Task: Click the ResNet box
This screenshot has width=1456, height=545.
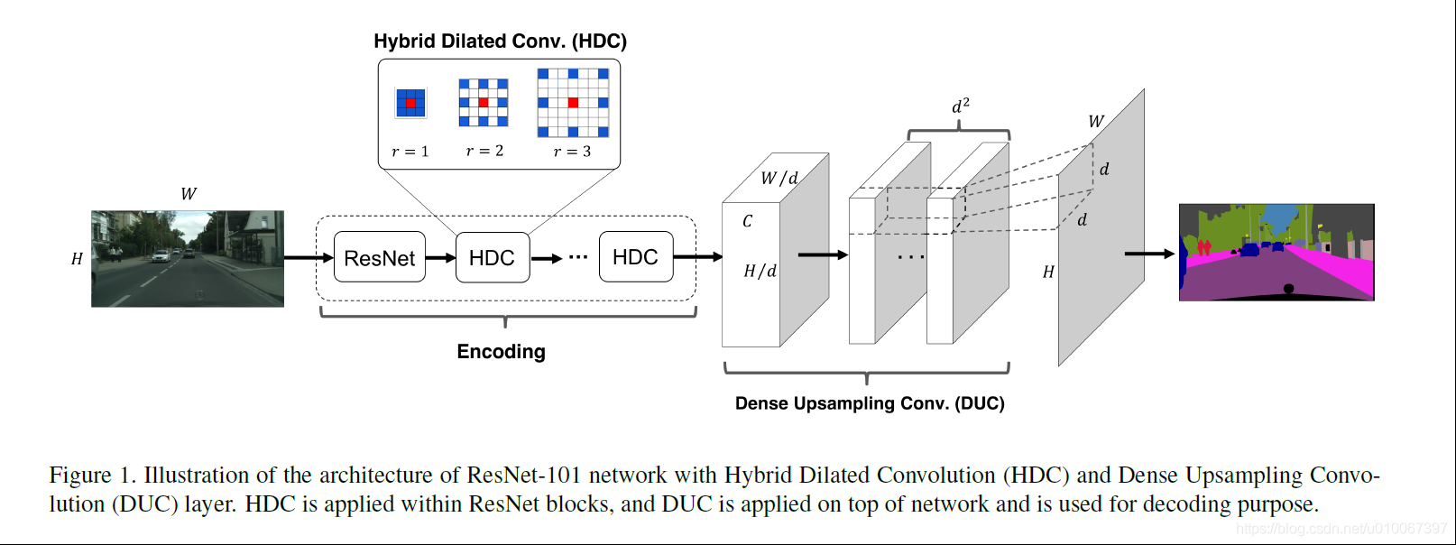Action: (379, 257)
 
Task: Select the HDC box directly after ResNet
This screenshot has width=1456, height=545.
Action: (492, 257)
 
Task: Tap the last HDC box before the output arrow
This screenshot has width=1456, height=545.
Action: (635, 257)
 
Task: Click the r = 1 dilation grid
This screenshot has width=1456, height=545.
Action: (410, 103)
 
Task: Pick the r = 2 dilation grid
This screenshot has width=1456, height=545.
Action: (484, 102)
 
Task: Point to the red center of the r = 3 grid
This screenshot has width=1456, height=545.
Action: (573, 103)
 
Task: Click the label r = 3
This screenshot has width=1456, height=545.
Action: (572, 152)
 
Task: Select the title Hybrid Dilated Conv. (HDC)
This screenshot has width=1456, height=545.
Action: (500, 42)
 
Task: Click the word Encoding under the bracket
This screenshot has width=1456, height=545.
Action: (501, 352)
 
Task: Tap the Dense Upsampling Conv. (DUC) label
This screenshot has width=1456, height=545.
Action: (870, 403)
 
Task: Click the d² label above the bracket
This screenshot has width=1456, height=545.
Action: (961, 106)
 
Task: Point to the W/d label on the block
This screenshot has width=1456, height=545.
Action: (779, 178)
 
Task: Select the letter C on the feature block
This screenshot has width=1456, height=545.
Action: (747, 221)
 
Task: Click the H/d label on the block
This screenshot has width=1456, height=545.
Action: (760, 271)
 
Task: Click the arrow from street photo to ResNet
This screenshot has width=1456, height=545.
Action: (308, 258)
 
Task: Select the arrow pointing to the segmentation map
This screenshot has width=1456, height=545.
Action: (1149, 254)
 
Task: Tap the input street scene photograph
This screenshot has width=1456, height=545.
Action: (188, 259)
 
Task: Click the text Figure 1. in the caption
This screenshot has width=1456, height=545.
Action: (92, 476)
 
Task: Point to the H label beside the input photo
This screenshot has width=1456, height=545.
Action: (77, 259)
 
